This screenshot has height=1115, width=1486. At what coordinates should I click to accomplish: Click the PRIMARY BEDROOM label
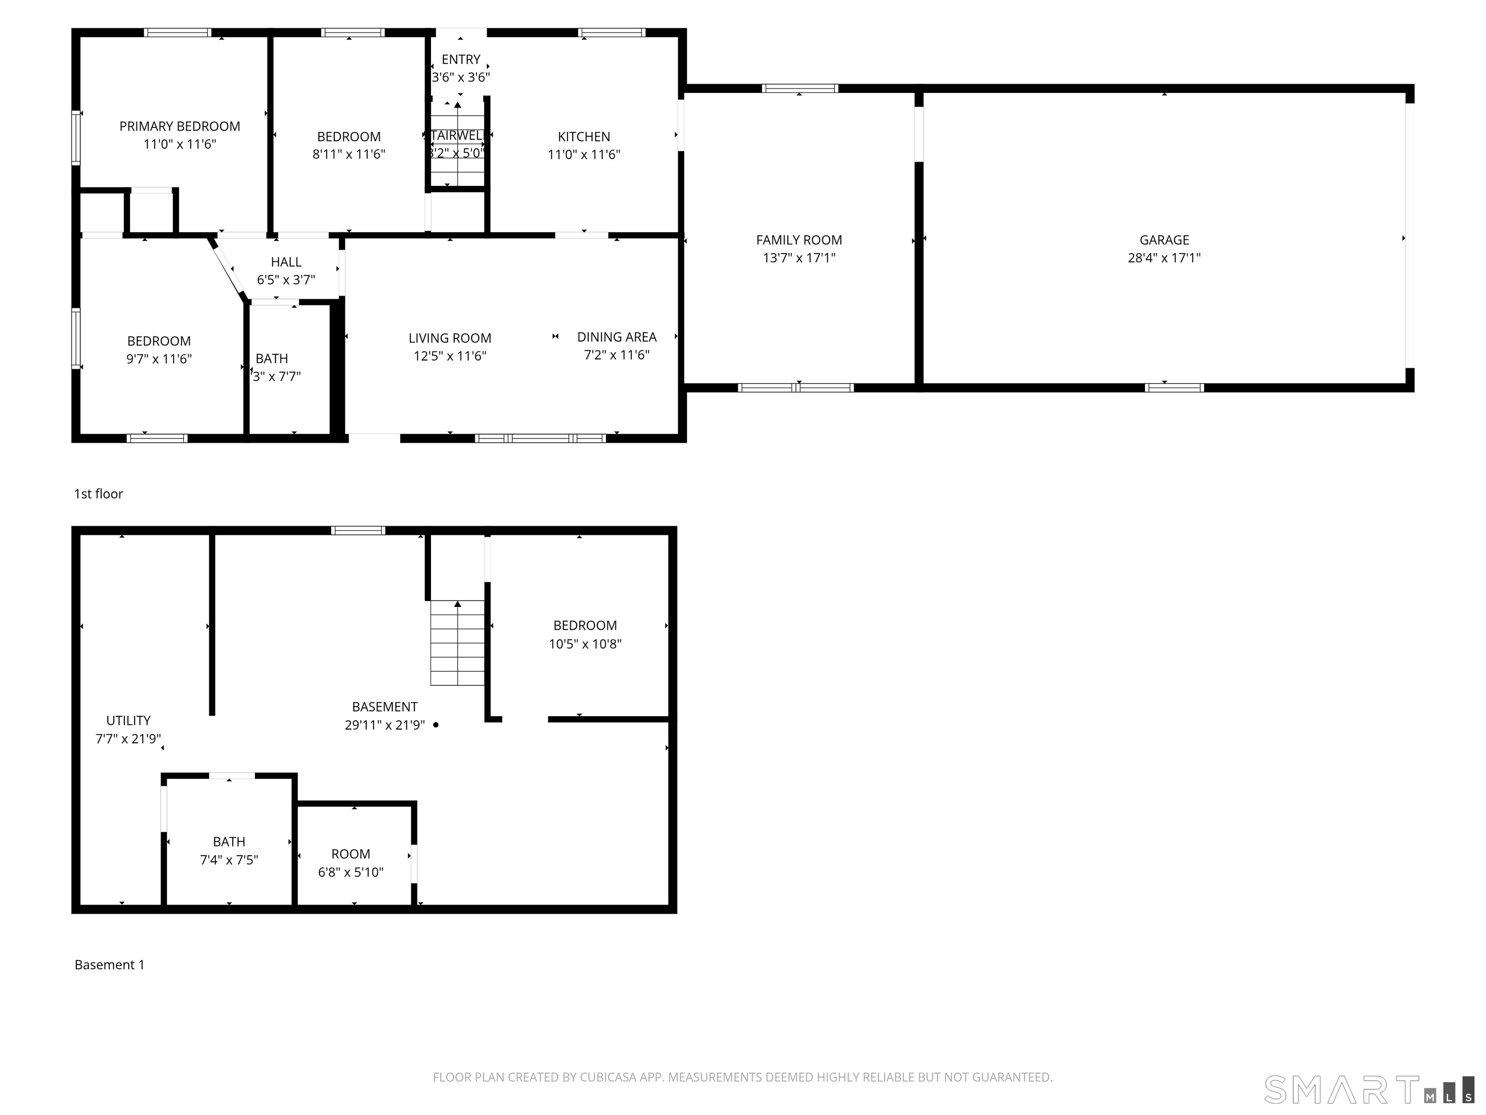click(179, 126)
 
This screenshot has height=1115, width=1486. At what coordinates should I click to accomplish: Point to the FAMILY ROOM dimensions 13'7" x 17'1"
click(799, 258)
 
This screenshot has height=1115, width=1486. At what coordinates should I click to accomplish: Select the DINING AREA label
click(616, 337)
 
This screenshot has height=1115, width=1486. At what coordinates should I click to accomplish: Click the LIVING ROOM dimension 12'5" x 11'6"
click(449, 356)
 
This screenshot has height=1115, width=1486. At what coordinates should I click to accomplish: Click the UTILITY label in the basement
click(128, 721)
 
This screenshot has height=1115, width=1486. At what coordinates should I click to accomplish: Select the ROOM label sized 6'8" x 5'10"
click(350, 854)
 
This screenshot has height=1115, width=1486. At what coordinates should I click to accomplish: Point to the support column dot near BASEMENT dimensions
click(435, 724)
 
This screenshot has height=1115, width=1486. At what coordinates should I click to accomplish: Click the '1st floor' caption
click(98, 494)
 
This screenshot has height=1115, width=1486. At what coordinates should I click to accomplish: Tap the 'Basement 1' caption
click(109, 965)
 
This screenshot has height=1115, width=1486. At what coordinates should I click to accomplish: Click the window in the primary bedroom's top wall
click(178, 32)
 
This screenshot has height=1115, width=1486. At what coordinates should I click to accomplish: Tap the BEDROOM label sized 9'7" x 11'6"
click(159, 342)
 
